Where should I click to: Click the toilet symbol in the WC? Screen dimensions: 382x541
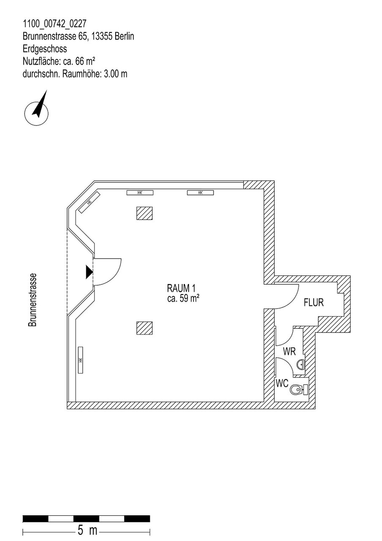(299, 389)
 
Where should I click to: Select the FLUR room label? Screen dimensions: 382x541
(314, 303)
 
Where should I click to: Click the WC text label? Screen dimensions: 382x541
(282, 383)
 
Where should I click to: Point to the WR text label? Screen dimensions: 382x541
(289, 352)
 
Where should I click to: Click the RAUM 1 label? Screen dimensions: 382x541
(181, 288)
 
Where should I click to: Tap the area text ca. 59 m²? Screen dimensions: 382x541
(183, 299)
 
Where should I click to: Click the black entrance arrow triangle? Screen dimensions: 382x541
(89, 272)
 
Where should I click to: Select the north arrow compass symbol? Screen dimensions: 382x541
(37, 109)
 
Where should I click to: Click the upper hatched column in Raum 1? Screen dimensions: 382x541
(144, 213)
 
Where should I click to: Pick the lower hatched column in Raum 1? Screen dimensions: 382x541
(144, 328)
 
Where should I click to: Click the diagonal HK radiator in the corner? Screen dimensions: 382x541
(89, 202)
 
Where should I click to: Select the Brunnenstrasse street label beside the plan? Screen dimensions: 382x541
(33, 300)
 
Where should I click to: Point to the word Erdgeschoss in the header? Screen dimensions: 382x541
(45, 49)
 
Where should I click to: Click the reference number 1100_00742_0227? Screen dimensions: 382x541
(54, 24)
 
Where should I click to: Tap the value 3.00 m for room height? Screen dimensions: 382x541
(116, 74)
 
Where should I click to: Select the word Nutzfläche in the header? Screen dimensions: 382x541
(41, 61)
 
